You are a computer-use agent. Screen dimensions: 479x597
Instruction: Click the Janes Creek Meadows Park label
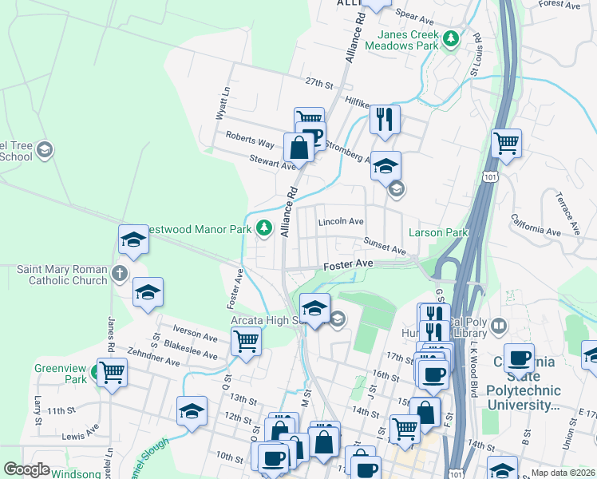click(402, 41)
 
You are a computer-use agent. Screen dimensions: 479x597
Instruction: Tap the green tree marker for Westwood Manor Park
click(263, 228)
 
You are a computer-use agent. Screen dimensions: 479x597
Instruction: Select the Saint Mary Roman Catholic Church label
click(62, 275)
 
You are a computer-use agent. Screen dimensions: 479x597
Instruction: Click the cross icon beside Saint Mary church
click(120, 275)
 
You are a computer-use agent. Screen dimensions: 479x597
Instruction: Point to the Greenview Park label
click(60, 374)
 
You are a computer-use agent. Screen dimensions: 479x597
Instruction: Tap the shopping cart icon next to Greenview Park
click(112, 371)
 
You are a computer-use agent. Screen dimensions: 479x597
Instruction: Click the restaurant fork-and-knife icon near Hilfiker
click(385, 119)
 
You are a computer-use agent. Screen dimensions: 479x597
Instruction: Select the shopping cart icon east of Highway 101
click(506, 143)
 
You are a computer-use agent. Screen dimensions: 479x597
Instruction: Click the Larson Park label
click(437, 233)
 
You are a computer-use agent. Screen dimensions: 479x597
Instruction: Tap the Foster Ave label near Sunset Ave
click(348, 263)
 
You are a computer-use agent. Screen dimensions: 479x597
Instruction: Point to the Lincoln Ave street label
click(341, 221)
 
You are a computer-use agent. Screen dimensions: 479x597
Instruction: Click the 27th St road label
click(317, 83)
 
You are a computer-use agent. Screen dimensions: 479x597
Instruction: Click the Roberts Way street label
click(250, 139)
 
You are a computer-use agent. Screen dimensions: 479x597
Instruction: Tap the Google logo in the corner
click(27, 469)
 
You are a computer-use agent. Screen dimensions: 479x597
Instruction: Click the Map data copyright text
click(563, 473)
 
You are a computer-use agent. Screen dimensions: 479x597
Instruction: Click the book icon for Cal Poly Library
click(499, 326)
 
